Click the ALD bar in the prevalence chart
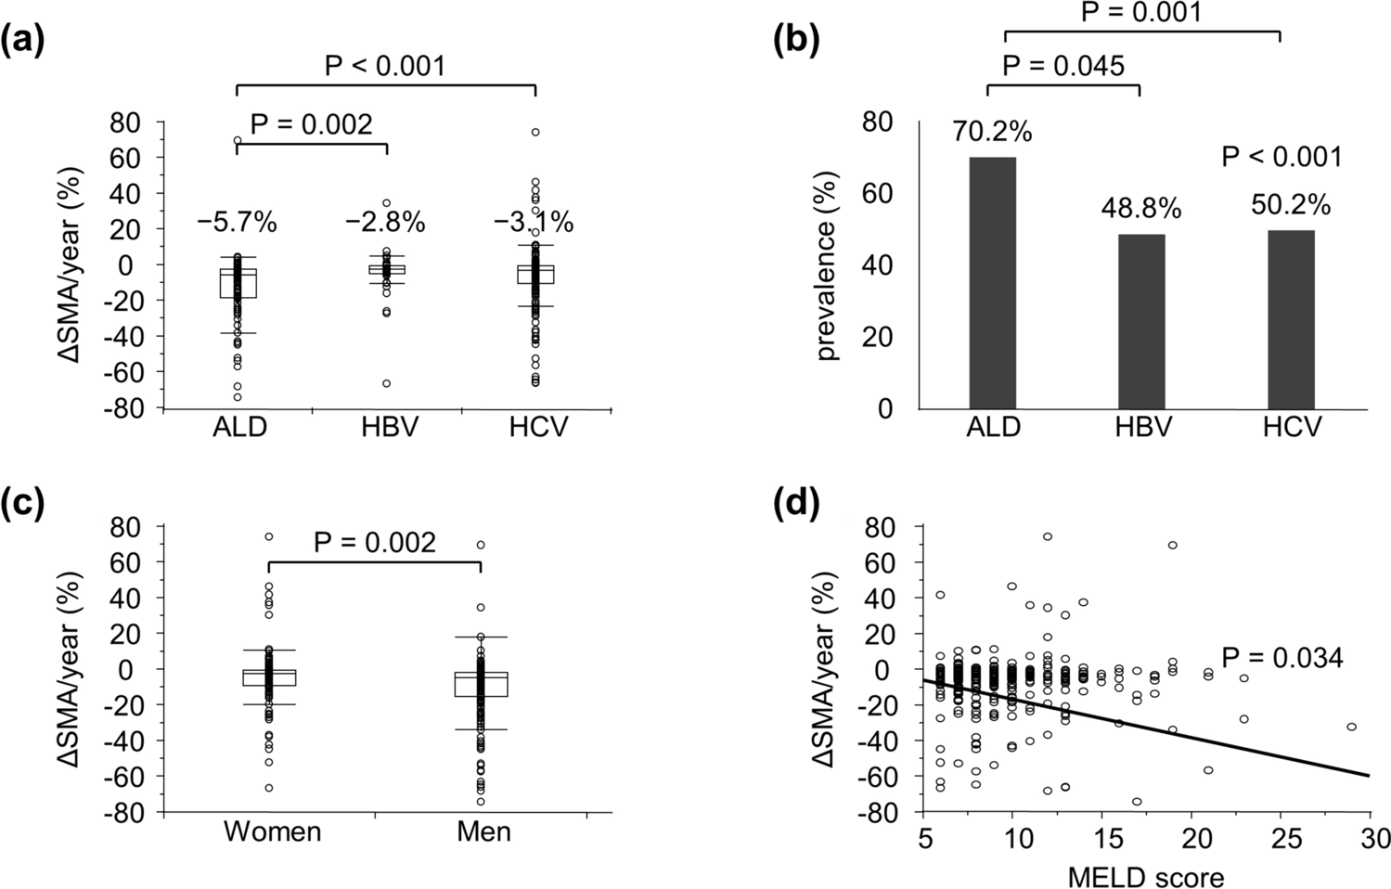pos(992,283)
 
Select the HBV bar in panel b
pos(1141,321)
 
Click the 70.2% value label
pos(992,133)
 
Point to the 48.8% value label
pos(1141,210)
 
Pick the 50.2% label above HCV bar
pos(1291,205)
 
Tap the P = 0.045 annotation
pos(1063,67)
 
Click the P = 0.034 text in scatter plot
pos(1282,659)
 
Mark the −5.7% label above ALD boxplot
pos(237,223)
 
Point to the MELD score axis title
pos(1145,875)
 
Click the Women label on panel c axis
pos(272,831)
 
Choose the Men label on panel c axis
pos(483,831)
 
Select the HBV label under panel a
pos(388,427)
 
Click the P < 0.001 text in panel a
pos(385,66)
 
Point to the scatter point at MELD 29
pos(1352,727)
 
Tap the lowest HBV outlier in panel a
pos(387,383)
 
